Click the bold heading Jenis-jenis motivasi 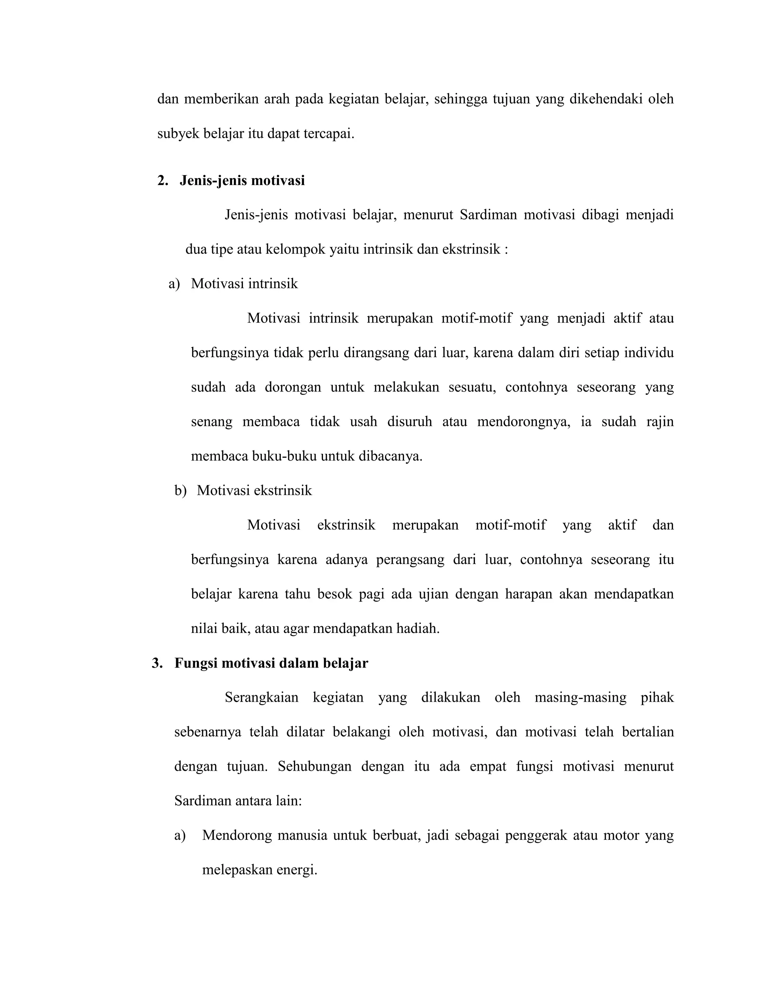[242, 181]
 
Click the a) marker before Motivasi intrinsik [174, 284]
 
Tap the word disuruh [410, 422]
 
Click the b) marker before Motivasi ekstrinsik [180, 490]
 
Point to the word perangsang [410, 560]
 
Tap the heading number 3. [157, 664]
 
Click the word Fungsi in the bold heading [195, 664]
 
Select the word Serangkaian [262, 698]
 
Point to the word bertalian [648, 732]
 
